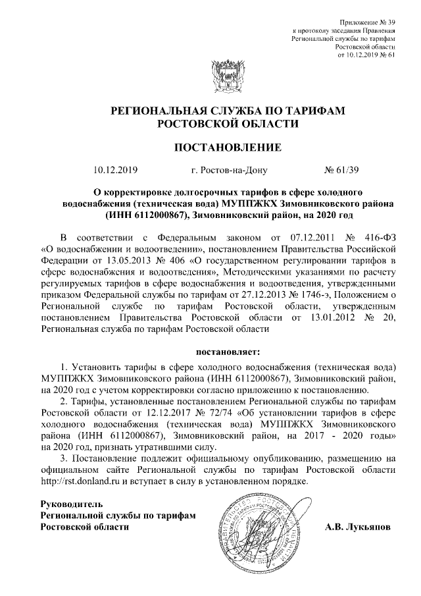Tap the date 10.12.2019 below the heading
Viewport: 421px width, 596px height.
point(115,170)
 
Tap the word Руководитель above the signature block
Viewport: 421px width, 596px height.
point(68,504)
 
